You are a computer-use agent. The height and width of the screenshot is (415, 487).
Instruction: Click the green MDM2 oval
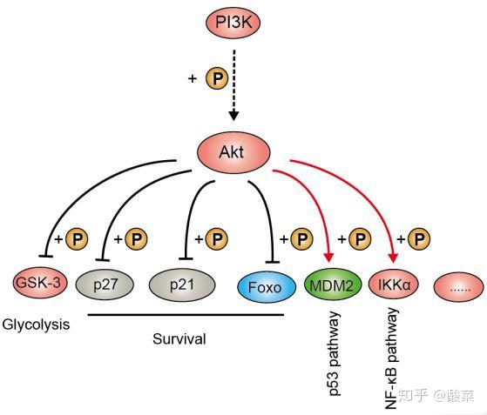(x=330, y=284)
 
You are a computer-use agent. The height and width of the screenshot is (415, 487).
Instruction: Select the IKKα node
(x=392, y=284)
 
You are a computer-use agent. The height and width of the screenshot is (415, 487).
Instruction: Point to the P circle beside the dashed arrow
(x=216, y=79)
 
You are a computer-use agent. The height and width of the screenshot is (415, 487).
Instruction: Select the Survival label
(x=179, y=339)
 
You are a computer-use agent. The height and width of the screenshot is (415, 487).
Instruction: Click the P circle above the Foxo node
(x=301, y=238)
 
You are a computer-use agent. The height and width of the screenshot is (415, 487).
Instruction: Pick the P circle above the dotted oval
(x=420, y=238)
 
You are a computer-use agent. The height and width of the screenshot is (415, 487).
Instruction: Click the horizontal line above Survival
(x=185, y=315)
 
